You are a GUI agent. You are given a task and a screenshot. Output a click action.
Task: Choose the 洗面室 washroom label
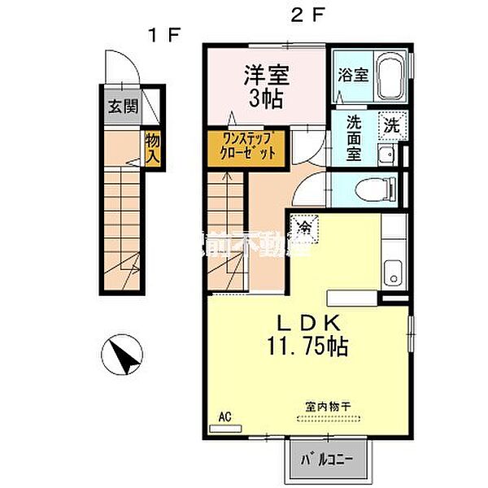(355, 138)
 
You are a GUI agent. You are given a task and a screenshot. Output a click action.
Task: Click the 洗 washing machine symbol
(393, 126)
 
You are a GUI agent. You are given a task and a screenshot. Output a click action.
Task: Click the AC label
(225, 417)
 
